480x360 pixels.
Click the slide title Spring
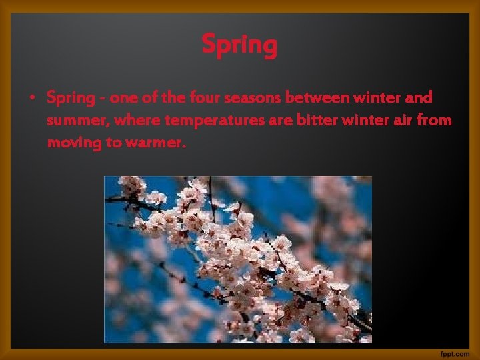click(239, 46)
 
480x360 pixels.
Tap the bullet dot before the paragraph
click(31, 98)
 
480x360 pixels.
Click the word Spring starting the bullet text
click(71, 99)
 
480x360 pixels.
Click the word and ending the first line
click(419, 98)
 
